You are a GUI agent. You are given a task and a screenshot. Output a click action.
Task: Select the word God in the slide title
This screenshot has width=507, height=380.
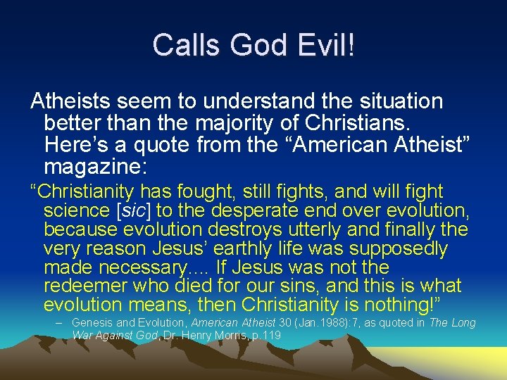click(251, 46)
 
